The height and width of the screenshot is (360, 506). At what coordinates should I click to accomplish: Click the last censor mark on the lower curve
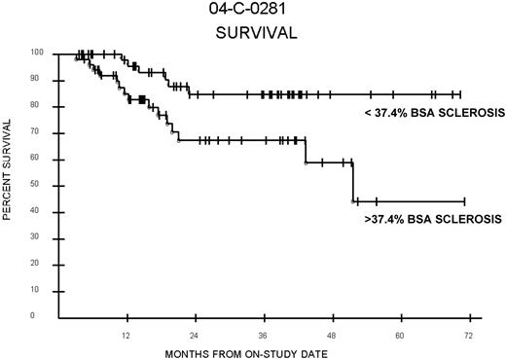[464, 201]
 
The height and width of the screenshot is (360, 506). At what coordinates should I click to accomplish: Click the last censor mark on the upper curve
[459, 94]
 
